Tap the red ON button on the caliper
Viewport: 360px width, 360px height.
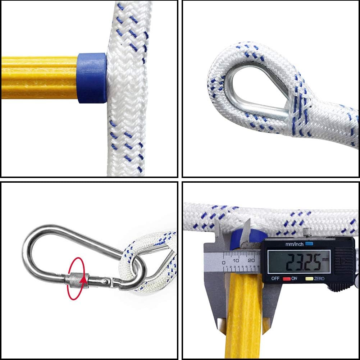tap(286, 279)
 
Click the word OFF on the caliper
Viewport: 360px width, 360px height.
tap(275, 279)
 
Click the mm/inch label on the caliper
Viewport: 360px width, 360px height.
tap(295, 244)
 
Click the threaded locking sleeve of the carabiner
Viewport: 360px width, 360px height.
tap(76, 279)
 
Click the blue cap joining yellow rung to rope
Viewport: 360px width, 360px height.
tap(92, 78)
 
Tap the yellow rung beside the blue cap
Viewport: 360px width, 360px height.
tap(40, 77)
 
